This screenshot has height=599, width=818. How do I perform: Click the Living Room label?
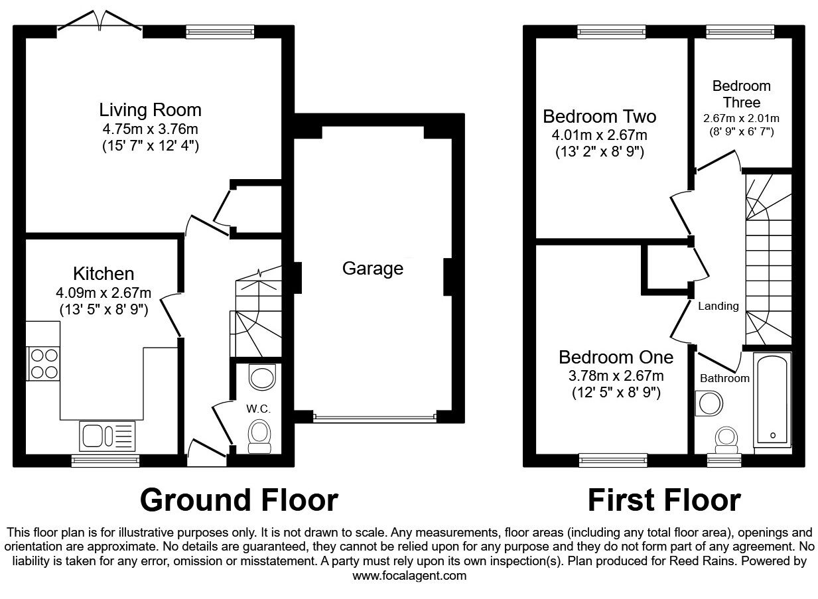click(x=150, y=109)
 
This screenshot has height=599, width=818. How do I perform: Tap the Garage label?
click(x=372, y=269)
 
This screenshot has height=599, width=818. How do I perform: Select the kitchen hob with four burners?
click(x=43, y=364)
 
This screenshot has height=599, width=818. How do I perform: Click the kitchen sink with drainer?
click(x=107, y=435)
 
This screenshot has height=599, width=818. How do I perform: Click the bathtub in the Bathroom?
click(x=772, y=401)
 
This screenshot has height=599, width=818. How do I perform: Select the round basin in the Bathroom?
click(x=709, y=403)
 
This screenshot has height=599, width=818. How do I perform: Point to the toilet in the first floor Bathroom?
click(x=724, y=440)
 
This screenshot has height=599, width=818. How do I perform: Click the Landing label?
click(x=718, y=306)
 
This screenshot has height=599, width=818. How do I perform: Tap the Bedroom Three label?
click(x=742, y=94)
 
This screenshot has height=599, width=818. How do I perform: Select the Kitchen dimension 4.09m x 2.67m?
click(x=103, y=293)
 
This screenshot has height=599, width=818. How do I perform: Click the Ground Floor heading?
click(x=239, y=499)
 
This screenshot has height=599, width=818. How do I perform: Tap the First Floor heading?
click(x=664, y=499)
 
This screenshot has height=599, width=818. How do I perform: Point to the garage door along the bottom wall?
click(x=374, y=417)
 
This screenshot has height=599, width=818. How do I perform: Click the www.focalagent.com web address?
click(x=409, y=576)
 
